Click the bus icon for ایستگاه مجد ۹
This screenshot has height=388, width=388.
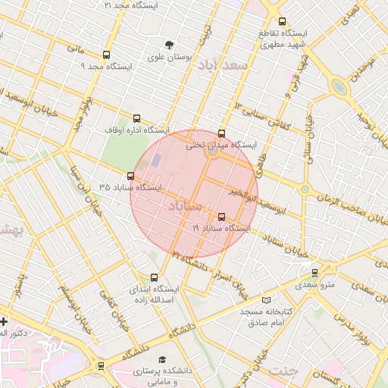(105, 55)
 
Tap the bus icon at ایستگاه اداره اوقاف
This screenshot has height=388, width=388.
(136, 118)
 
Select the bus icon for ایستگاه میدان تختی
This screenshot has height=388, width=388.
(221, 133)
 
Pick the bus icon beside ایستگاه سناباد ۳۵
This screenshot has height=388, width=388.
(130, 177)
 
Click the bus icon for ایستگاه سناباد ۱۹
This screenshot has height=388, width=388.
(221, 217)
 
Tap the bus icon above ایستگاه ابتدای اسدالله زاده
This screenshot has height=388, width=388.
(155, 277)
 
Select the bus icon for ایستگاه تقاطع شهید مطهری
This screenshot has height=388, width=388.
(283, 21)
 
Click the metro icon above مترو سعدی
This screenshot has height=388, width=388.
(315, 273)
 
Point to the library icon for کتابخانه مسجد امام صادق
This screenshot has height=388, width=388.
(264, 300)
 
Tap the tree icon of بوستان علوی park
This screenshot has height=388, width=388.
(169, 45)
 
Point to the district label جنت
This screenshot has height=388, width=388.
(281, 371)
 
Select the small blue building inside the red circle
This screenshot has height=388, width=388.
(157, 161)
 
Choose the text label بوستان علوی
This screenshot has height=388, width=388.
(171, 57)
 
